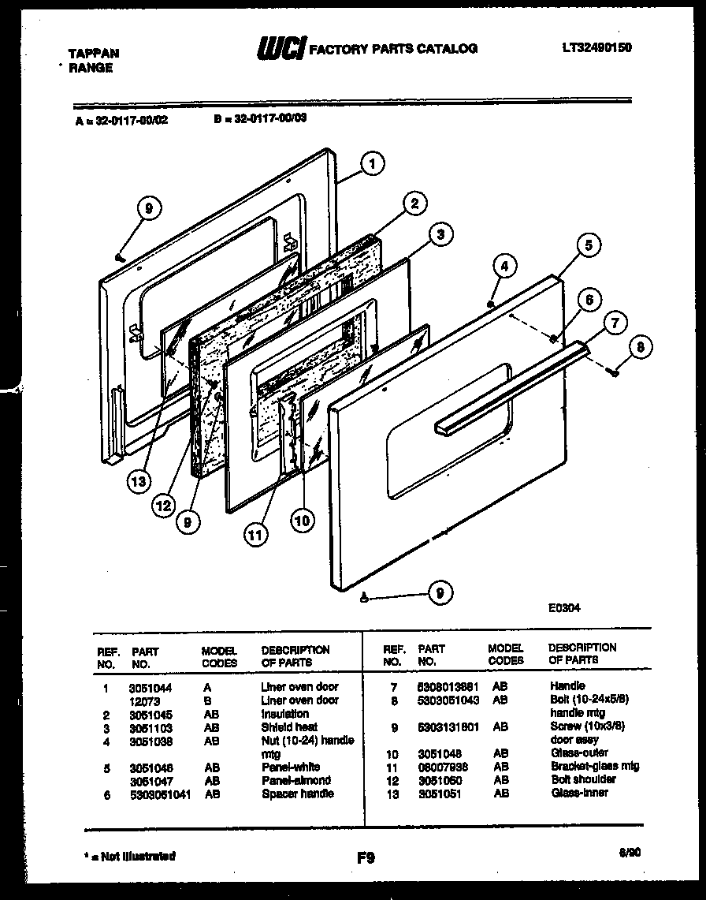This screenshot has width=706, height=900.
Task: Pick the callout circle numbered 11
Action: (x=253, y=535)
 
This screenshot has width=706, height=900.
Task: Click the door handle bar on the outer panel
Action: (x=512, y=383)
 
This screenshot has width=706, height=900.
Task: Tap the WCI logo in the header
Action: (x=280, y=49)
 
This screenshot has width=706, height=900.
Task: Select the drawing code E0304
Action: (x=565, y=608)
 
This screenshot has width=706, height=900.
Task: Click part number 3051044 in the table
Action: (x=150, y=688)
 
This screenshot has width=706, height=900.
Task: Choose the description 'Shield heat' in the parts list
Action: (x=289, y=727)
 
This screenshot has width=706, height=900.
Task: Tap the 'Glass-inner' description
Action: (x=579, y=793)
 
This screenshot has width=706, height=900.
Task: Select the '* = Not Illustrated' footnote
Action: (x=130, y=856)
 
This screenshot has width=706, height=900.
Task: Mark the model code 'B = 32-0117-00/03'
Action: (x=260, y=120)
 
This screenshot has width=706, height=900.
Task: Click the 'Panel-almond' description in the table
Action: (x=296, y=780)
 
